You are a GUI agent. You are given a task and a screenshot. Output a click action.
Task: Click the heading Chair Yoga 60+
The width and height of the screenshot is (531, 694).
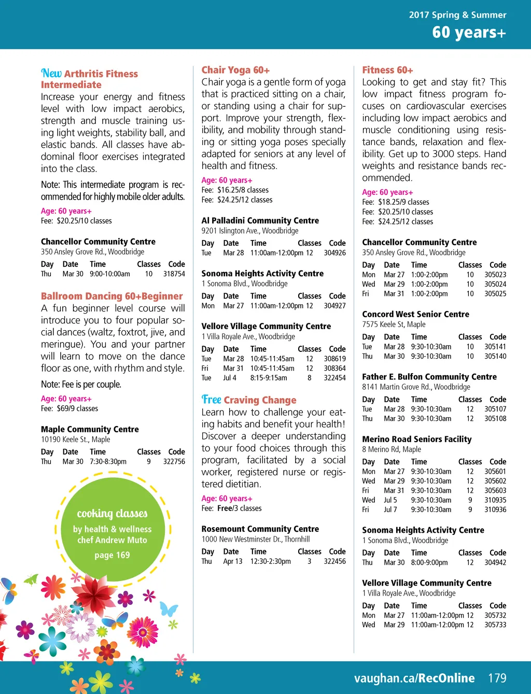(235, 70)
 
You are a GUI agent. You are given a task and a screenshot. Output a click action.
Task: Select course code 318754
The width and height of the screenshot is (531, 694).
(174, 274)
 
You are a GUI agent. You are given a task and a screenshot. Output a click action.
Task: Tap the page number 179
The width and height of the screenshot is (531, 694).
(497, 678)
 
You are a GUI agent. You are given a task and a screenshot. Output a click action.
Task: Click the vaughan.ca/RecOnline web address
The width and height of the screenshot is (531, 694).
(414, 678)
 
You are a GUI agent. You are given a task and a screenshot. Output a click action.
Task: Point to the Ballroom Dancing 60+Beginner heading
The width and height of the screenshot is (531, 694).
(112, 296)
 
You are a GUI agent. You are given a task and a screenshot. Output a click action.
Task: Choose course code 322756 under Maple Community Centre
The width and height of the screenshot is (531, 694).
(174, 461)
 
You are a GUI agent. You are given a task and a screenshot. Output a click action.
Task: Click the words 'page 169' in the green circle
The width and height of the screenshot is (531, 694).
(112, 555)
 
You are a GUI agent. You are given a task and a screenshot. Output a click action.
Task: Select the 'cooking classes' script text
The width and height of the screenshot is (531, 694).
(112, 513)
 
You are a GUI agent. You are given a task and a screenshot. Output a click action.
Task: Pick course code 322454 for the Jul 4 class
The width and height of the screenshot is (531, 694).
(334, 378)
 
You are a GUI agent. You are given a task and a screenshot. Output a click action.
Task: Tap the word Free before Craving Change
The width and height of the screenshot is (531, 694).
(212, 400)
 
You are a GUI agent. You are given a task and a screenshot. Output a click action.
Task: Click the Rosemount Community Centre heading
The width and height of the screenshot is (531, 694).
(260, 529)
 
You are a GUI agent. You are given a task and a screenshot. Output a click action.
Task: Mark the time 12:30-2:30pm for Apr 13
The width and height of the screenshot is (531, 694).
(271, 561)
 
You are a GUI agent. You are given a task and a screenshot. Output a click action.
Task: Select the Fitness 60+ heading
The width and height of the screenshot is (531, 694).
(387, 70)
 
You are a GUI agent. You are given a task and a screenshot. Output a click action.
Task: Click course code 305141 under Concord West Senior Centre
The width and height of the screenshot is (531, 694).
(495, 347)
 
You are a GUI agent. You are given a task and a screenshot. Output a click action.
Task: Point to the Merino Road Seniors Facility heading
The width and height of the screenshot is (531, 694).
(417, 439)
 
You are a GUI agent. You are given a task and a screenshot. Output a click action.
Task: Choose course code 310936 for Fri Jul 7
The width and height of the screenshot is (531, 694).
(495, 509)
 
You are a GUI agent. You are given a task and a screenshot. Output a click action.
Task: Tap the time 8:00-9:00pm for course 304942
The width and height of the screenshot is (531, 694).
(429, 562)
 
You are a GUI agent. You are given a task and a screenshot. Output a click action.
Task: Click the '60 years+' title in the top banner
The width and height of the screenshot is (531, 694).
(469, 32)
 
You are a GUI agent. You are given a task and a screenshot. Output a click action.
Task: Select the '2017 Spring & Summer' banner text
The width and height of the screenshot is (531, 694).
(457, 15)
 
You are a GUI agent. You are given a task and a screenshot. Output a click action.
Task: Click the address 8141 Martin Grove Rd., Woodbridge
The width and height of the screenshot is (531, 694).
(416, 387)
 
